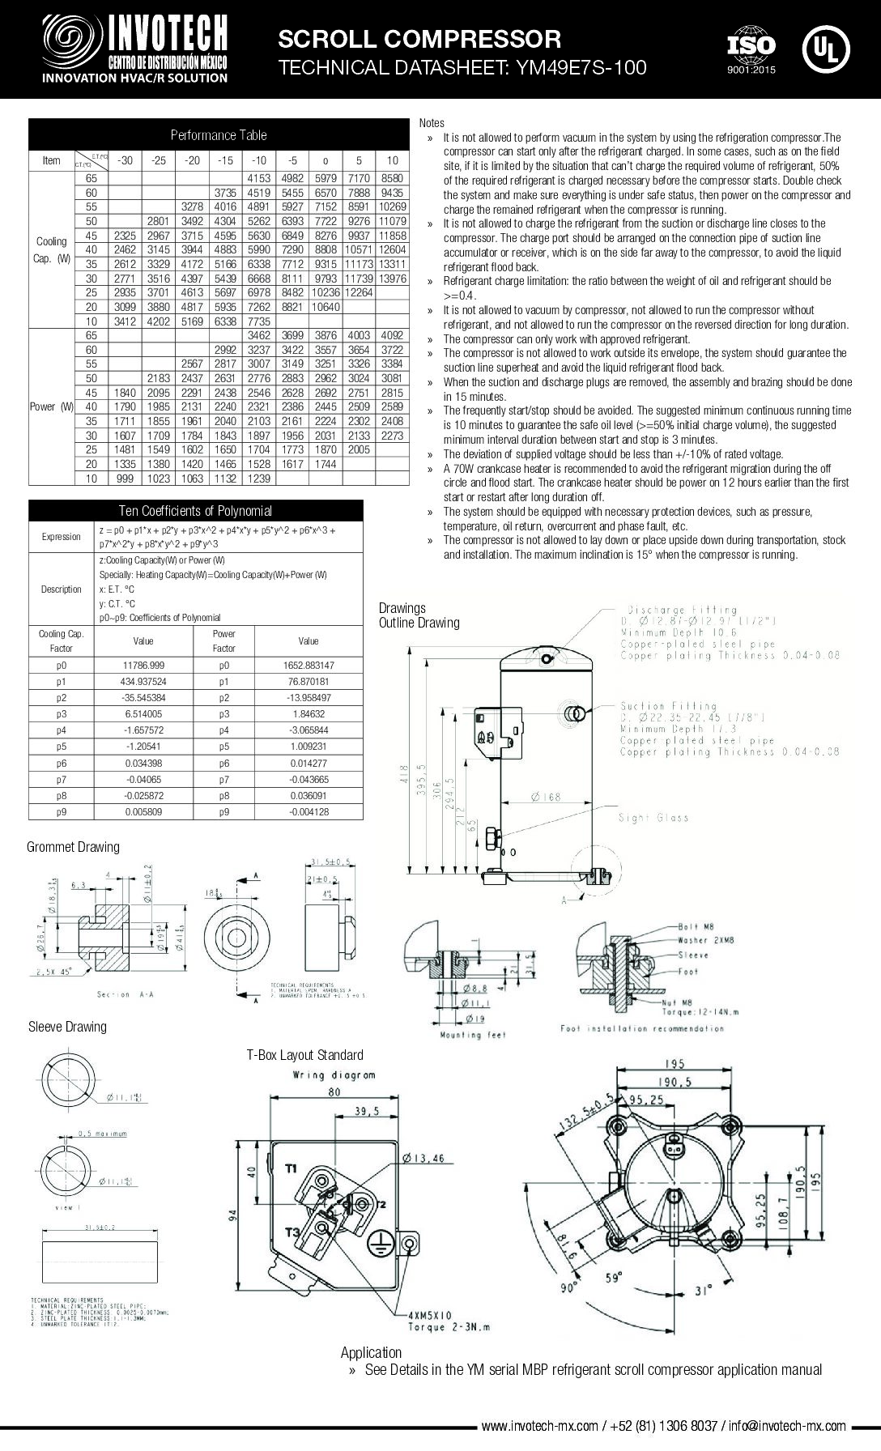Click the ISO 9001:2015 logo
[751, 50]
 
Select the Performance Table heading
[218, 134]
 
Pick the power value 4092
[392, 335]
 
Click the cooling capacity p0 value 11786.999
[143, 665]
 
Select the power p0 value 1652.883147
[308, 665]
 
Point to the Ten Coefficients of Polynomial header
[195, 511]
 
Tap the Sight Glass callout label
[653, 818]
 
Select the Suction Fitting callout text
[669, 706]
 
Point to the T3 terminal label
[292, 1232]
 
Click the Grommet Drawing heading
[73, 847]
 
